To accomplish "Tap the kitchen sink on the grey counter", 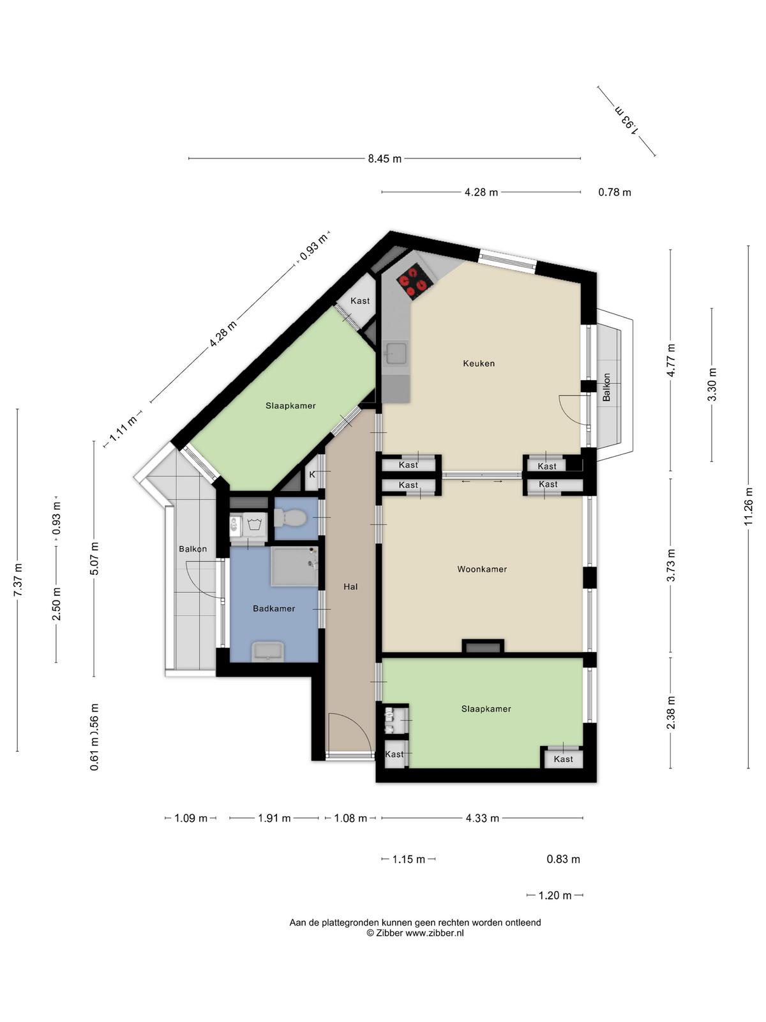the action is (396, 353).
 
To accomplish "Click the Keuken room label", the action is (479, 363).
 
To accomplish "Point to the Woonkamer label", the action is (482, 569).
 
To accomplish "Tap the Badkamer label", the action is (274, 609).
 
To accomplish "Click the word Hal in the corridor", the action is (350, 586).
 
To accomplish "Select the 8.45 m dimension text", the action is (385, 159).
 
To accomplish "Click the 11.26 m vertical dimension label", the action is (748, 507).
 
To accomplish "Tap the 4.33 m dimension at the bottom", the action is (483, 818).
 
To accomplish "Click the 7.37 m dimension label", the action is (18, 580).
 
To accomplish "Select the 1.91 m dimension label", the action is (274, 818).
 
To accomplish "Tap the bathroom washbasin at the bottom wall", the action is (267, 651).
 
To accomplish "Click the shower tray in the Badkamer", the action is (294, 567).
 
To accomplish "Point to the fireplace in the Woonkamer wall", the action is (483, 646).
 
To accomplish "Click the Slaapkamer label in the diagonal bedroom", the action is (290, 406).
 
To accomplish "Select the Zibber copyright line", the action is (415, 933).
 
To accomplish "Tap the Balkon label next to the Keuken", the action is (606, 387).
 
